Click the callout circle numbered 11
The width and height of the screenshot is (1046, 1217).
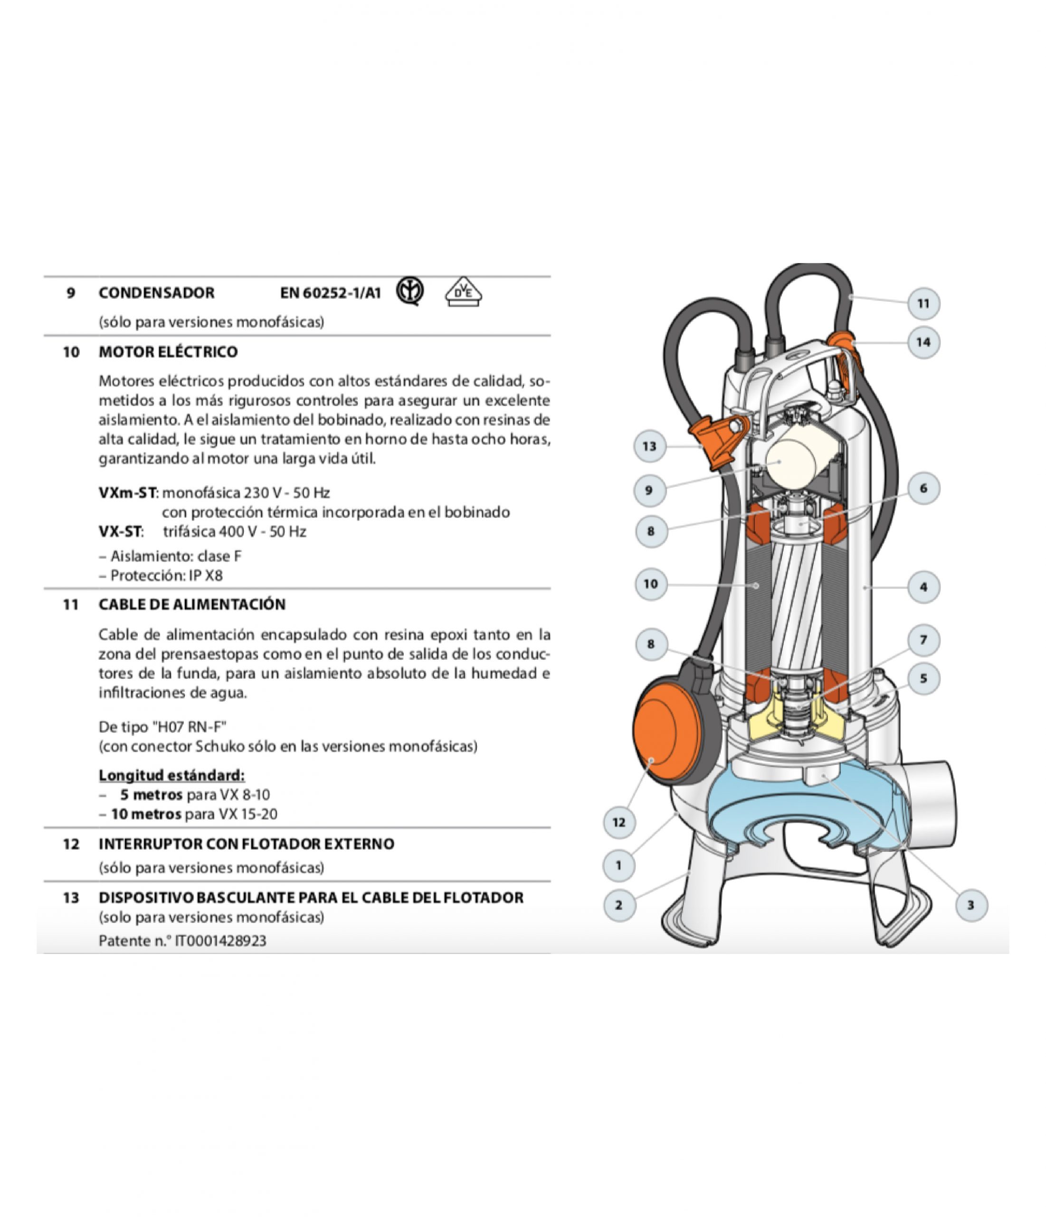(x=923, y=304)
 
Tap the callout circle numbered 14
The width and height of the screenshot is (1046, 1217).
(x=923, y=342)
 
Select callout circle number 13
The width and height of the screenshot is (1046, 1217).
(x=650, y=446)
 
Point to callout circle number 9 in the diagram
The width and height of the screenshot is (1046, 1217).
(x=649, y=490)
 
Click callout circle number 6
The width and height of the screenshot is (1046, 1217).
(x=923, y=488)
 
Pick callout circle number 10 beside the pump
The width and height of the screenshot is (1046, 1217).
(x=651, y=584)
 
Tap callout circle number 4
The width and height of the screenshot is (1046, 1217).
(x=923, y=587)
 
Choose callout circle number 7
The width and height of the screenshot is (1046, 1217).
(x=923, y=640)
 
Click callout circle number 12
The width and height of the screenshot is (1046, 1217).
(x=619, y=822)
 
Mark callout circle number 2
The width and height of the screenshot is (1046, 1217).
(x=619, y=905)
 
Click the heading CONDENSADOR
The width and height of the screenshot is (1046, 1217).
(x=157, y=292)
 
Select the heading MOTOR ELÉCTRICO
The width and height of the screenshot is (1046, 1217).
(x=169, y=352)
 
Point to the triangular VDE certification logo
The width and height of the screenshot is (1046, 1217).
(x=464, y=291)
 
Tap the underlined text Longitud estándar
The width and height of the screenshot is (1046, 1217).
(x=171, y=775)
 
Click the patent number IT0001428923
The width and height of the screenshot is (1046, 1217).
(x=221, y=940)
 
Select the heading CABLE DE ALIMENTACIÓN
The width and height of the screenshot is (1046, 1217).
(x=192, y=604)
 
